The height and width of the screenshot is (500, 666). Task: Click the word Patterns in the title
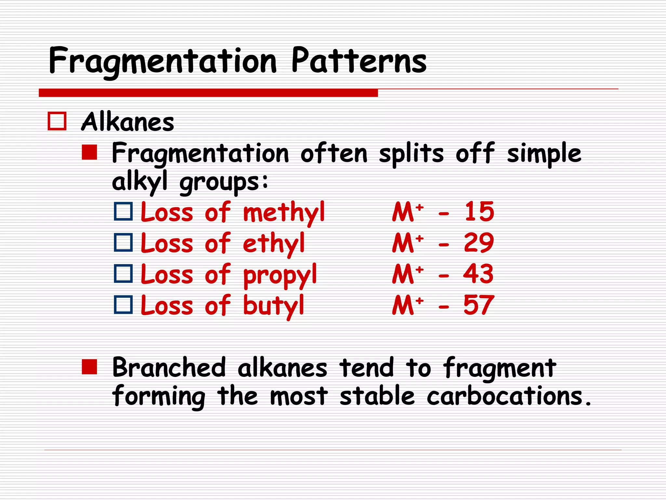tap(359, 61)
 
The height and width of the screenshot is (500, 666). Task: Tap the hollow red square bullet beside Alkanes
tap(57, 121)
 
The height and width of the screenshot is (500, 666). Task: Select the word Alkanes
tap(127, 122)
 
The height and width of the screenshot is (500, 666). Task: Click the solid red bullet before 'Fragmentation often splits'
tap(89, 152)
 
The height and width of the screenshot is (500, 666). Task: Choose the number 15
tap(479, 212)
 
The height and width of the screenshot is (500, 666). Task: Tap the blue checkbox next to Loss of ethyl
tap(123, 243)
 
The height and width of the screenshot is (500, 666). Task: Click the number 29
tap(479, 243)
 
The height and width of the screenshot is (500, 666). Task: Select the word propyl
tap(280, 275)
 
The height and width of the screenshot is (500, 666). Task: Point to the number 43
tap(478, 274)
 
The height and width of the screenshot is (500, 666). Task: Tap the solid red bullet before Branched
tap(89, 367)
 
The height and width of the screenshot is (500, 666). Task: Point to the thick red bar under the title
tap(208, 93)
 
